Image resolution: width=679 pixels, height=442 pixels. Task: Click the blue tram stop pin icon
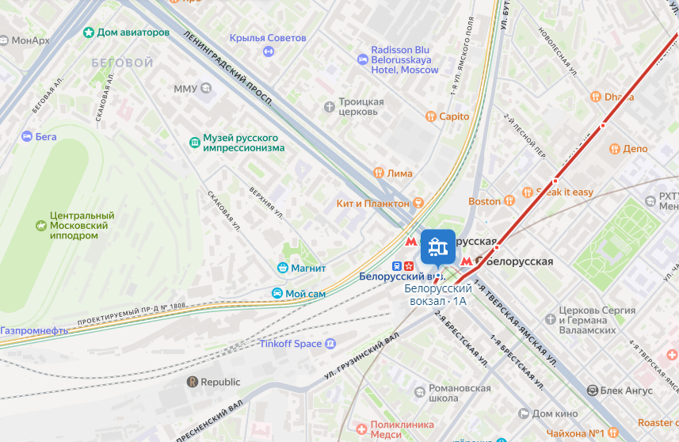(x=437, y=247)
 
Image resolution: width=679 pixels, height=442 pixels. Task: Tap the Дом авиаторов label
(x=132, y=32)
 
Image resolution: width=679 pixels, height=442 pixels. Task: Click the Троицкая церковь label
(x=361, y=107)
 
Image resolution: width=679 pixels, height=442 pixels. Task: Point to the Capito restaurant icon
(x=430, y=116)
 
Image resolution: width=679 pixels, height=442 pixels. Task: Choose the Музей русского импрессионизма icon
(x=194, y=143)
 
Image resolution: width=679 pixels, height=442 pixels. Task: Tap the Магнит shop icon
(x=281, y=268)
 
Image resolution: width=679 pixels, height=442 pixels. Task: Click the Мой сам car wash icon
(x=277, y=294)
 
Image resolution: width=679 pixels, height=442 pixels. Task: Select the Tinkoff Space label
(x=291, y=344)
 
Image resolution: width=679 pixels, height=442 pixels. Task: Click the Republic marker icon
(x=192, y=382)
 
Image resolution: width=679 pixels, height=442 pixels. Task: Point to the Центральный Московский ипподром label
(x=82, y=225)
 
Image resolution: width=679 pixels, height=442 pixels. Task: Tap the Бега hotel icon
(x=27, y=136)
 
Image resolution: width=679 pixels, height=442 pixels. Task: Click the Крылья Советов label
(x=267, y=38)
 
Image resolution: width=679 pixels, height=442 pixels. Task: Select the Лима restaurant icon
(x=379, y=173)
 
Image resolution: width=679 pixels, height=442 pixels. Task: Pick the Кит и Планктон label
(x=371, y=204)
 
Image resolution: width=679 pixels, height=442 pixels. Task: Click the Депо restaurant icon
(x=614, y=149)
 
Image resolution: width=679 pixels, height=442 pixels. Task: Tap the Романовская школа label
(x=460, y=394)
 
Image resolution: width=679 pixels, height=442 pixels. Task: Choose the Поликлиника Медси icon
(x=362, y=429)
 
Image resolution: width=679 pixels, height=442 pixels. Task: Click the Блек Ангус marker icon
(x=592, y=391)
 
